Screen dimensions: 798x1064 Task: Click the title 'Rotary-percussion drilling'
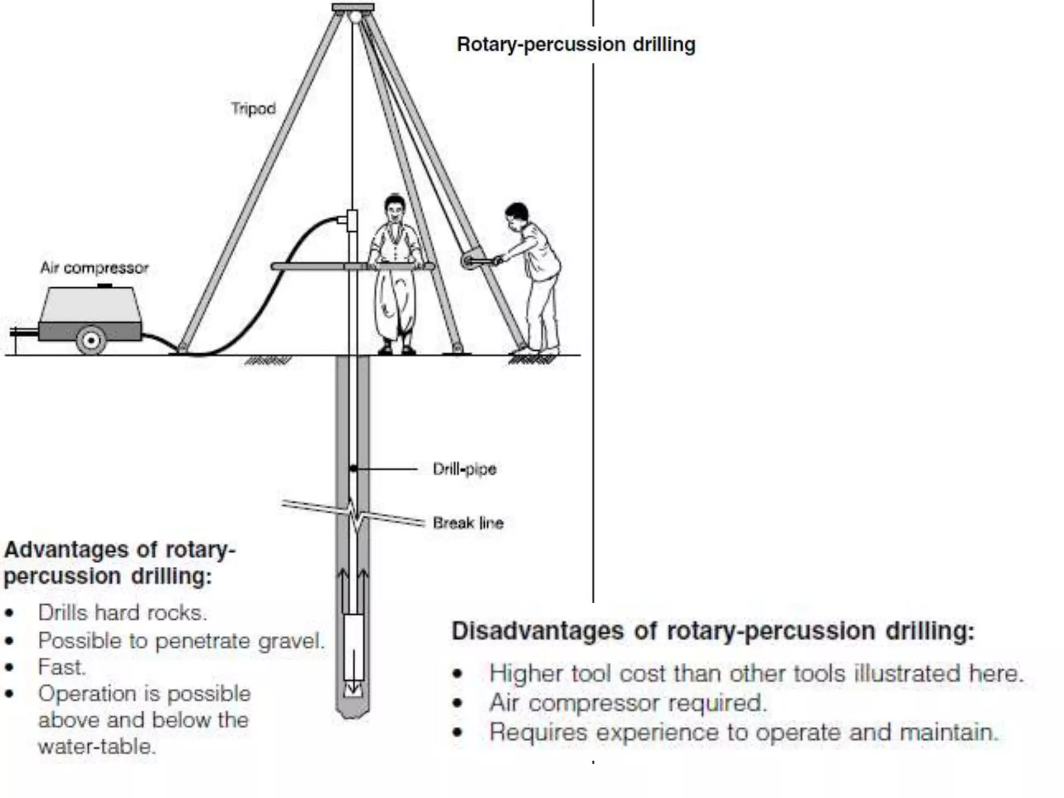click(576, 45)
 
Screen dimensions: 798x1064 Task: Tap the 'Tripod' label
click(253, 109)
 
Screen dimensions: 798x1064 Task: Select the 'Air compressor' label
click(95, 268)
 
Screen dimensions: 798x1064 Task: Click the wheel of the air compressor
click(91, 340)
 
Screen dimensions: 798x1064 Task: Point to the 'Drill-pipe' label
click(464, 469)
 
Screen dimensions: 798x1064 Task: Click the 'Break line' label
click(468, 523)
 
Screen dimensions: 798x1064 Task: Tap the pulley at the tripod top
click(355, 17)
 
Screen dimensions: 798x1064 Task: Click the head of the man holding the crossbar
click(395, 208)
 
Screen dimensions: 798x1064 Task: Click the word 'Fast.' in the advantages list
click(61, 668)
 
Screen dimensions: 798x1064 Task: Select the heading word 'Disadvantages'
click(537, 631)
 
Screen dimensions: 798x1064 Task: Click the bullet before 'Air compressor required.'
click(457, 703)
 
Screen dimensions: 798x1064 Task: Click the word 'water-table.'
click(97, 747)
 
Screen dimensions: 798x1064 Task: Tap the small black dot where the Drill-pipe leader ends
click(353, 469)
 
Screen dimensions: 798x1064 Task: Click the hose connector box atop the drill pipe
click(352, 221)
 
